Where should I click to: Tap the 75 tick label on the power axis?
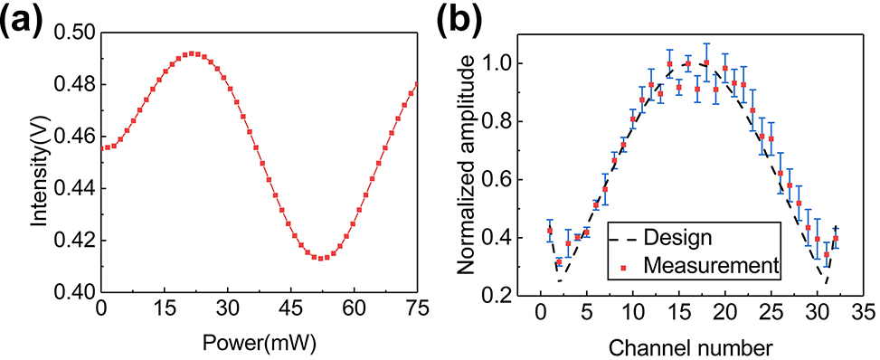click(x=416, y=309)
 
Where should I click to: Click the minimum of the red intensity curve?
click(x=319, y=258)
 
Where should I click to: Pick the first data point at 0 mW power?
click(x=102, y=147)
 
